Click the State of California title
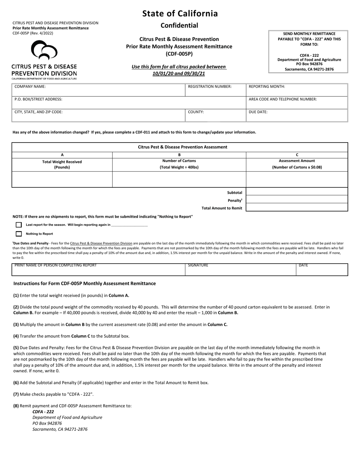click(180, 14)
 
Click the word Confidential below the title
click(179, 25)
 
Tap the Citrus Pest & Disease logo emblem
click(44, 50)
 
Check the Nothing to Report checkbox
click(19, 234)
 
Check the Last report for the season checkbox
click(19, 225)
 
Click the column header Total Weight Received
click(62, 164)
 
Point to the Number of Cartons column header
click(179, 164)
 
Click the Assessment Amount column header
click(297, 164)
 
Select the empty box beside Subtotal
click(297, 192)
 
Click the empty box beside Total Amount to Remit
click(297, 207)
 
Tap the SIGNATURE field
click(241, 270)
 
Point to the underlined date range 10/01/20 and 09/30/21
click(179, 74)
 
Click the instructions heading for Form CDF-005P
click(85, 283)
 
